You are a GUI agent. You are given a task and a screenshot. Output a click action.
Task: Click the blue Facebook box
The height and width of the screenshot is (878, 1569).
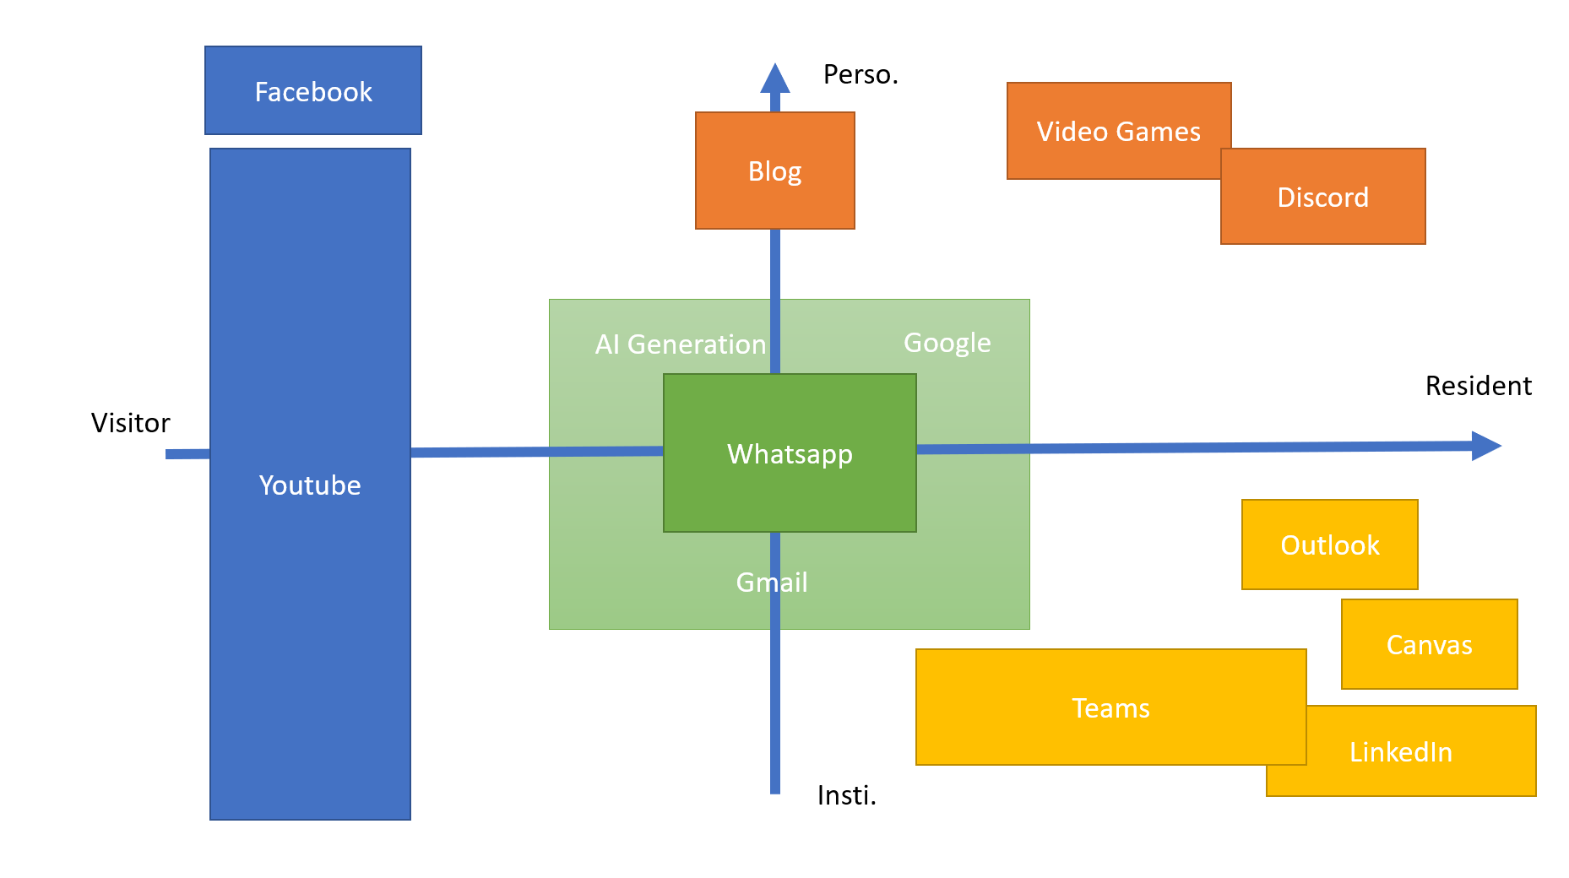tap(313, 91)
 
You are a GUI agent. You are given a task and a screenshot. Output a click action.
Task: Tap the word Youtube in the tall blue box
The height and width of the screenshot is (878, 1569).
tap(310, 485)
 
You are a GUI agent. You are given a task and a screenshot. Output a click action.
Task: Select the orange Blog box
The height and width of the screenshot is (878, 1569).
tap(774, 171)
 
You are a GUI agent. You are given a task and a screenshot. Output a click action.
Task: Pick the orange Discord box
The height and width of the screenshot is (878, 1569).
tap(1322, 198)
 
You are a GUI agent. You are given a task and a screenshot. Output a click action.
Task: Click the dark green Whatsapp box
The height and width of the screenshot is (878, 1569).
tap(790, 454)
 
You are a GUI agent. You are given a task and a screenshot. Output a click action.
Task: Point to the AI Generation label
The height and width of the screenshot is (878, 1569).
tap(680, 344)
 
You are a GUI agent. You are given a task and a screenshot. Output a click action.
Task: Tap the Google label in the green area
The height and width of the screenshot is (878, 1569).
tap(947, 343)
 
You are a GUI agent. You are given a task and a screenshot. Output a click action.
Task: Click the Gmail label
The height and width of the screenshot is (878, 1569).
tap(772, 583)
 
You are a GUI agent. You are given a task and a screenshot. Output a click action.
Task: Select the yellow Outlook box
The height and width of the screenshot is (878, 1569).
tap(1329, 545)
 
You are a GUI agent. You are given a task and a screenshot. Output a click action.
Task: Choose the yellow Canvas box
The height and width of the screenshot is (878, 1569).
tap(1429, 645)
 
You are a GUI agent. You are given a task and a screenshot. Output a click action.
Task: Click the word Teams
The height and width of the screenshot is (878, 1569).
tap(1110, 708)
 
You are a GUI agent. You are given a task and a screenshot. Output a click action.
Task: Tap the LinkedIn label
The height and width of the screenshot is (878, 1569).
tap(1400, 752)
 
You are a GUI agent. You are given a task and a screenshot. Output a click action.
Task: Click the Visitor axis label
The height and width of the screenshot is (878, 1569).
tap(130, 423)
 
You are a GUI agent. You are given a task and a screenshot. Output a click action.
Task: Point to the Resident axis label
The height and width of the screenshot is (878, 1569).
tap(1478, 386)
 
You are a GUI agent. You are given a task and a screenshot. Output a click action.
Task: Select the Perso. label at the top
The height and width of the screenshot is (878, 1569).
tap(860, 75)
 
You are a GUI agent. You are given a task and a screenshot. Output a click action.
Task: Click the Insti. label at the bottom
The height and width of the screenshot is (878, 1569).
tap(846, 795)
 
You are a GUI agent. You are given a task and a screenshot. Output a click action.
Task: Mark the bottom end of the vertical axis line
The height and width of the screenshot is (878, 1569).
tap(774, 790)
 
